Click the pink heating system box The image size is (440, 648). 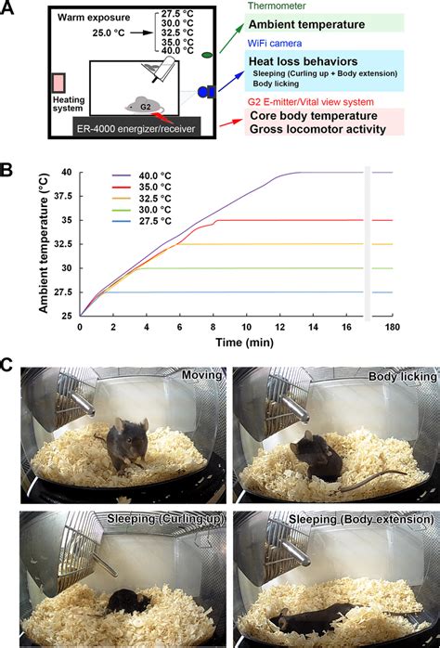[x=59, y=84]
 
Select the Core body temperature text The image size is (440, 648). [x=313, y=116]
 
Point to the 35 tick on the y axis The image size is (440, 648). [x=66, y=220]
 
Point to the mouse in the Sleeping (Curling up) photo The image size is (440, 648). [x=121, y=601]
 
